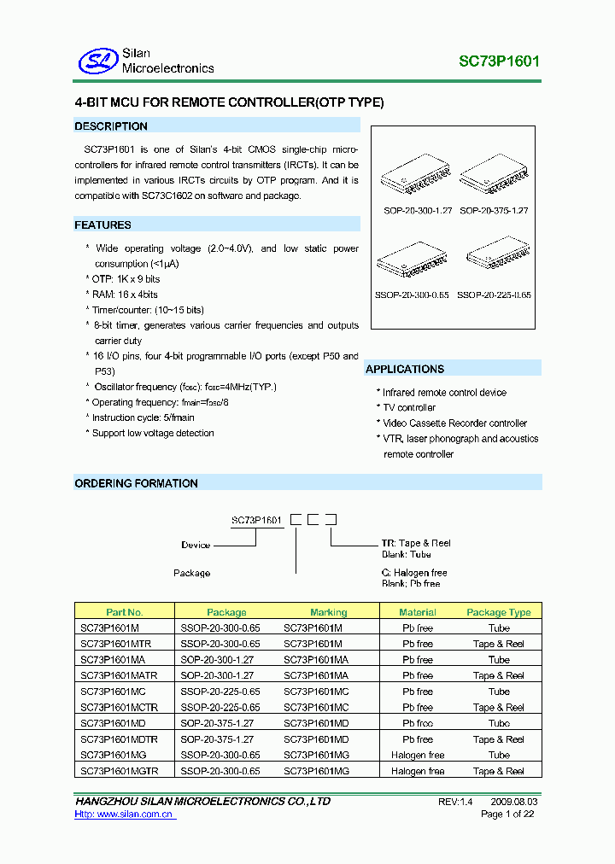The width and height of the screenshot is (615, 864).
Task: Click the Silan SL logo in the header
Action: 95,61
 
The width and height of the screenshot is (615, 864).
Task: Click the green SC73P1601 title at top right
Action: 499,61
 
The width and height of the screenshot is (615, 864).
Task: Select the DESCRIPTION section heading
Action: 111,126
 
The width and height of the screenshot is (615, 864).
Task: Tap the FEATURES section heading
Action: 103,225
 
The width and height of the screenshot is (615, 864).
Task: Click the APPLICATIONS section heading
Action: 405,369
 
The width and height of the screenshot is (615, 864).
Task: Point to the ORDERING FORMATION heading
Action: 137,483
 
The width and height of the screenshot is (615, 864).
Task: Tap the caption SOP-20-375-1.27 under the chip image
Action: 495,210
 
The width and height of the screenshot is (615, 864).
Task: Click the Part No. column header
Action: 125,612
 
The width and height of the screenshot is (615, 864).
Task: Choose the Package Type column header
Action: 499,612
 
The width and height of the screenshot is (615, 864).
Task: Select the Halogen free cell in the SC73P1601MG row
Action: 418,756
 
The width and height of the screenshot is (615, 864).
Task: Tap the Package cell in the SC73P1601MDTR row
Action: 218,739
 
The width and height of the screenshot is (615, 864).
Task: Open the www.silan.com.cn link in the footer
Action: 125,814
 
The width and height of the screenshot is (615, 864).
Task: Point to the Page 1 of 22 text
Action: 508,814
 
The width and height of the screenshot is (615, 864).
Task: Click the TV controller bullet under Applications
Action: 409,408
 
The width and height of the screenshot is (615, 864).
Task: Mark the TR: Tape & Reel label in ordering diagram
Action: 416,543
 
